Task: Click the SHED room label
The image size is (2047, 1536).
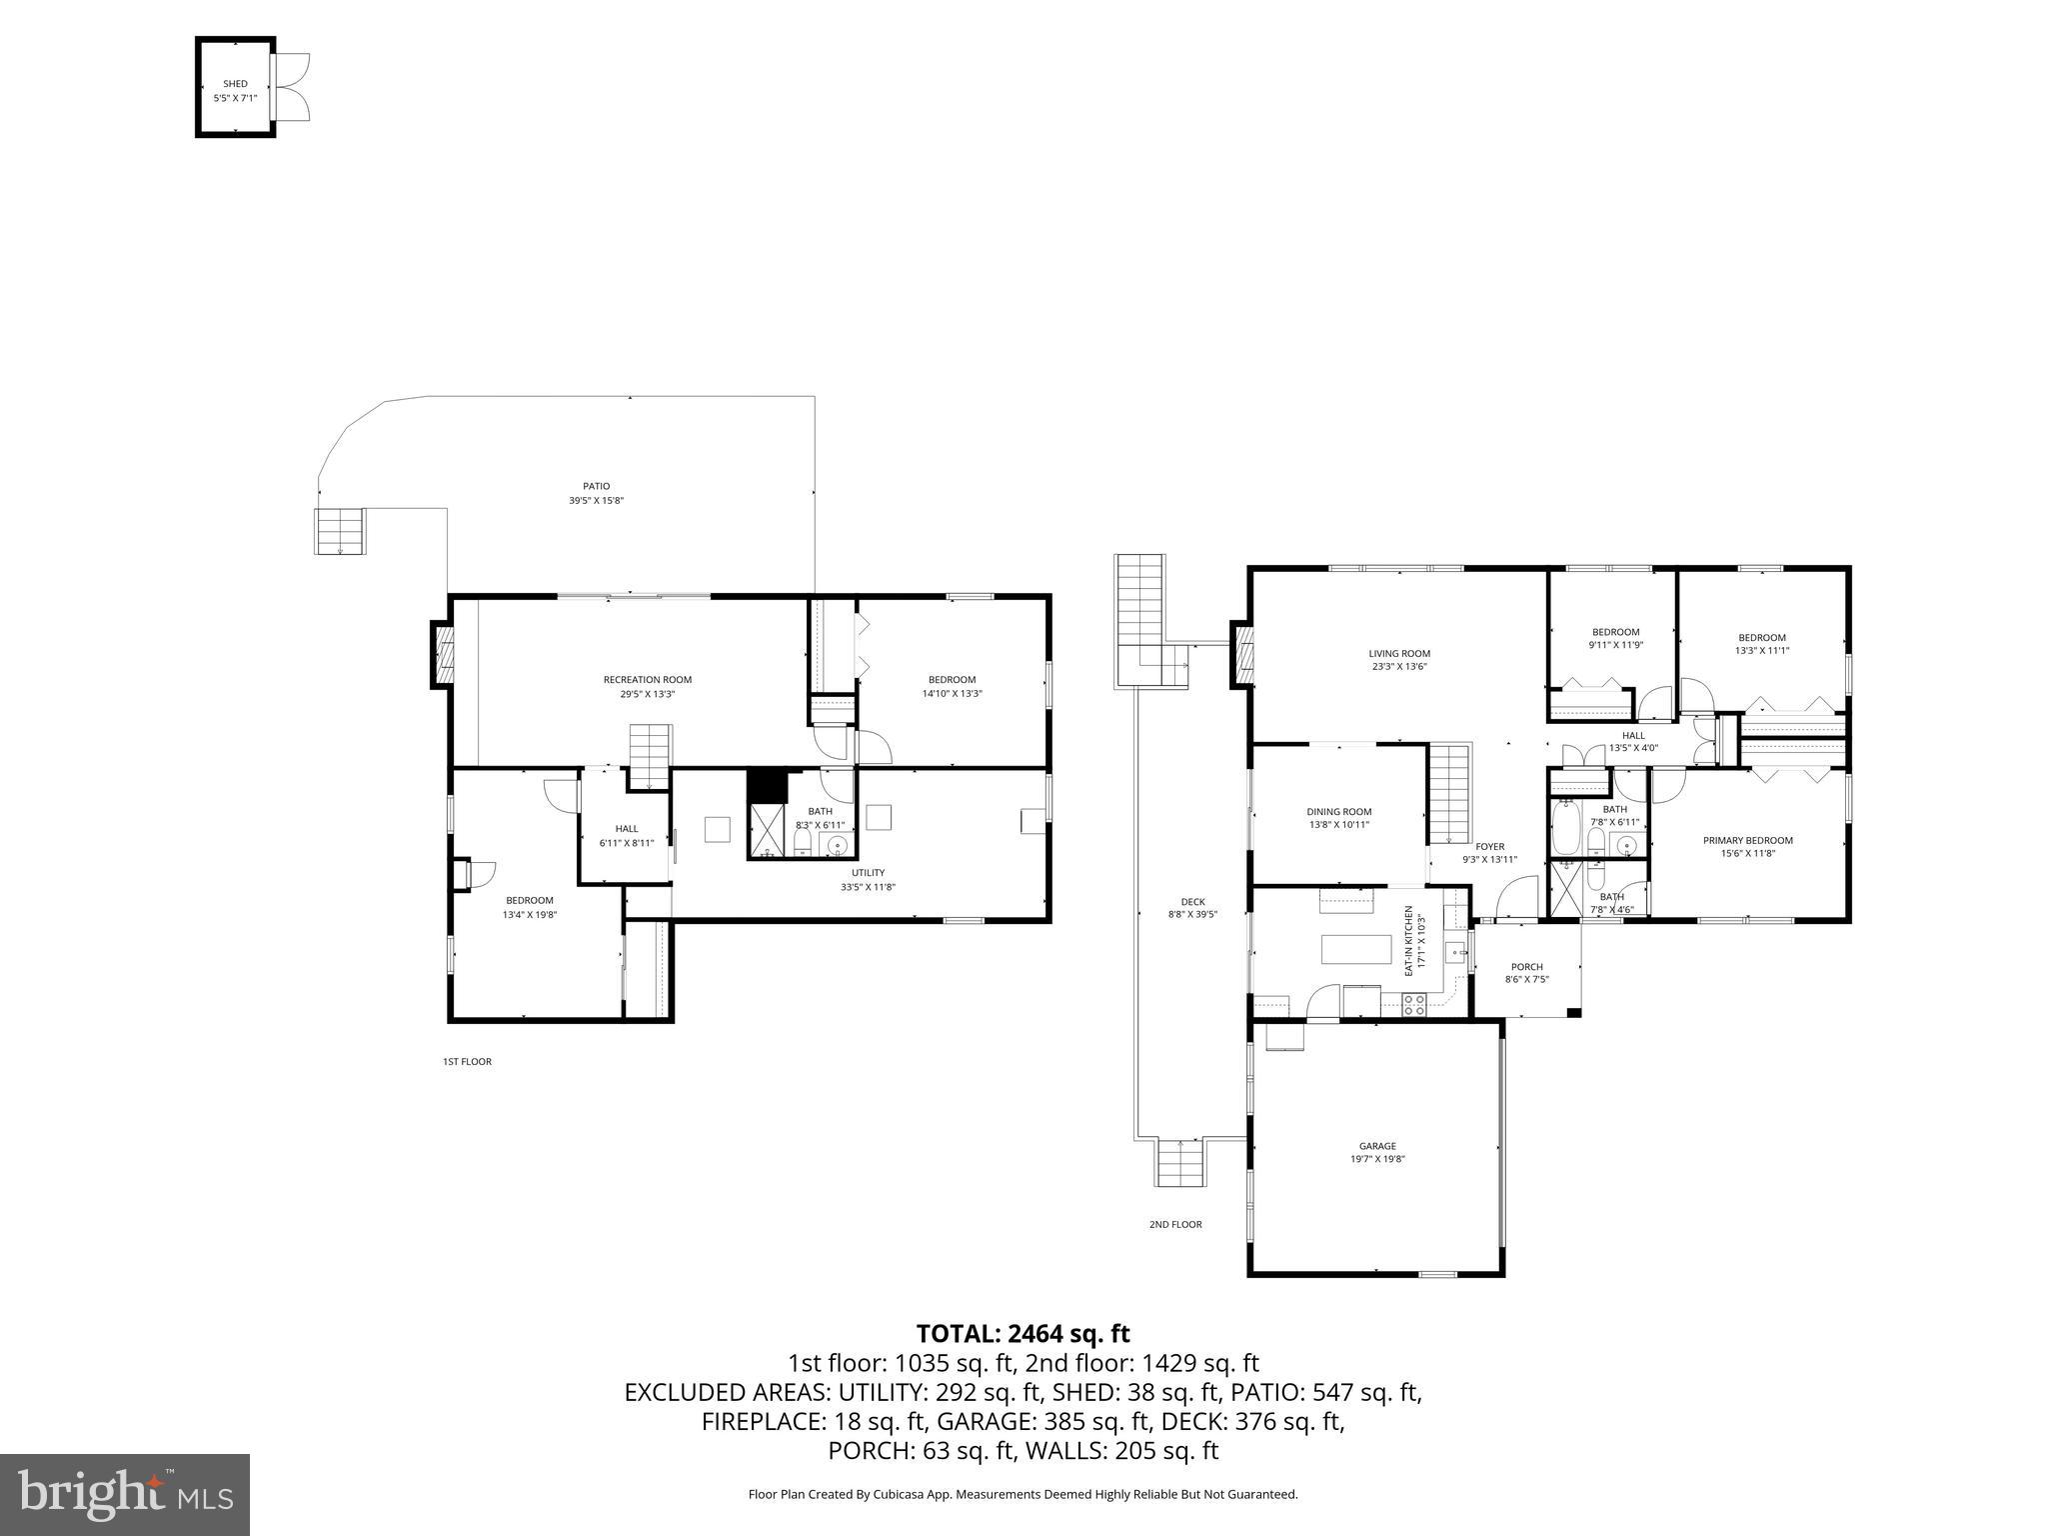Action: [235, 84]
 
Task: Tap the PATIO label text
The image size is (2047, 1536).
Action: [597, 486]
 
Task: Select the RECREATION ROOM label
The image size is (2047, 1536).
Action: [647, 680]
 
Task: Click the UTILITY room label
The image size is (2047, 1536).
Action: [868, 873]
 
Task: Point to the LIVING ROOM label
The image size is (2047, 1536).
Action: [1399, 654]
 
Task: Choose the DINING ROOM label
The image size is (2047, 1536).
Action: [1338, 812]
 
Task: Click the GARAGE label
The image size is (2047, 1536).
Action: [1377, 1146]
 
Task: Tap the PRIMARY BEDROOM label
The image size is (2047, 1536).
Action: [1747, 841]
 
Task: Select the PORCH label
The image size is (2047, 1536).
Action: [1526, 967]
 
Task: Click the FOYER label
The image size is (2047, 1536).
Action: [1489, 847]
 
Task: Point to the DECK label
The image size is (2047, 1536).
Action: [1192, 902]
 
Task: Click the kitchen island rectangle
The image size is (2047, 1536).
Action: [1356, 949]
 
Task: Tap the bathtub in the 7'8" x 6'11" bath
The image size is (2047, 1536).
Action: [1564, 830]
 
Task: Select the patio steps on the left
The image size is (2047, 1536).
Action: [341, 531]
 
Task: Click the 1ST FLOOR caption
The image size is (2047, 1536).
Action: [467, 1062]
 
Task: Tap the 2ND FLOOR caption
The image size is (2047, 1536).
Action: [1175, 1224]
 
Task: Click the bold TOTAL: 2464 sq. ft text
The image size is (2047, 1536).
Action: [1023, 1334]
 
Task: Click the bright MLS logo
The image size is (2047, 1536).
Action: [125, 1495]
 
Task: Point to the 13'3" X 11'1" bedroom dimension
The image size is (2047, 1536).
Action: [1761, 651]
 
